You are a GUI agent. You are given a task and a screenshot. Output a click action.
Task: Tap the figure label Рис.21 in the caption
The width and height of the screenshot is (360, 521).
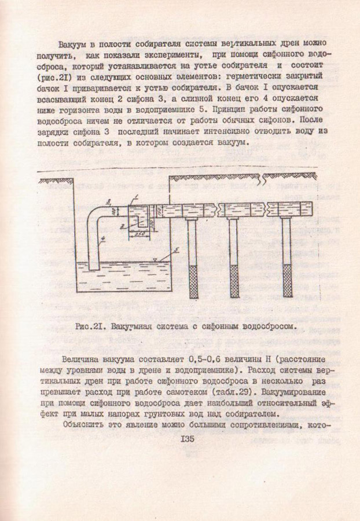90,326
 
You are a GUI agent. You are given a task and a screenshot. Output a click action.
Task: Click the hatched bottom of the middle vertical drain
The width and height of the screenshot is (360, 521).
234,281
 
